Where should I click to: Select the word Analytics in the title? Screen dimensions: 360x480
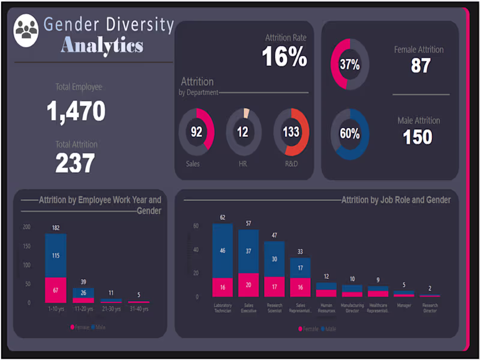pyautogui.click(x=102, y=45)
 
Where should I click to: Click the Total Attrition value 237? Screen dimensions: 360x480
pyautogui.click(x=76, y=163)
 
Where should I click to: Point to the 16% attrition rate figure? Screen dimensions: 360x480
pyautogui.click(x=284, y=58)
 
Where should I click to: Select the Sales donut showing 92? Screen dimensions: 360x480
pyautogui.click(x=196, y=132)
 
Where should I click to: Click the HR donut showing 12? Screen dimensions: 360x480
pyautogui.click(x=243, y=132)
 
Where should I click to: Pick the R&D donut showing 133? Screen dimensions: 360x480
pyautogui.click(x=291, y=132)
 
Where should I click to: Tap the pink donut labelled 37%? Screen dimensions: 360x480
pyautogui.click(x=350, y=64)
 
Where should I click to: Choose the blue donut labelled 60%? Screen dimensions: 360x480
pyautogui.click(x=350, y=134)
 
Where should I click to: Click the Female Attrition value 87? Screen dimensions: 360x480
pyautogui.click(x=421, y=65)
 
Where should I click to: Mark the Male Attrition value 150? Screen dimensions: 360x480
pyautogui.click(x=418, y=137)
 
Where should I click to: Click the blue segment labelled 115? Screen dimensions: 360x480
pyautogui.click(x=56, y=256)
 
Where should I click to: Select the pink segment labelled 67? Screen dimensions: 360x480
pyautogui.click(x=56, y=290)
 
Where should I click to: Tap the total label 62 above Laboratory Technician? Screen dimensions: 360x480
pyautogui.click(x=222, y=217)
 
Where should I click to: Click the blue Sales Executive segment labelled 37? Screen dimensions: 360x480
pyautogui.click(x=248, y=251)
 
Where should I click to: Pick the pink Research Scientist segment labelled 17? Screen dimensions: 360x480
pyautogui.click(x=274, y=287)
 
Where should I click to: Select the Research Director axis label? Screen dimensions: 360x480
pyautogui.click(x=429, y=308)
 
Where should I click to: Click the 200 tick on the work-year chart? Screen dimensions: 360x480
pyautogui.click(x=26, y=227)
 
